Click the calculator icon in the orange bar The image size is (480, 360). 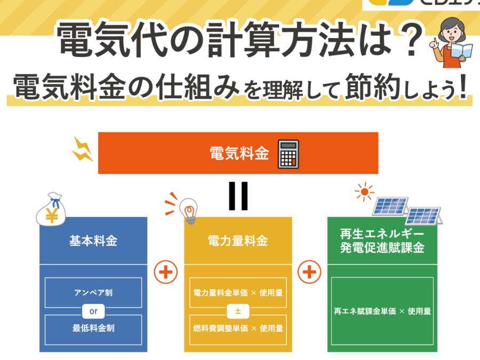tap(289, 154)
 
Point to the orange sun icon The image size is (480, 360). tap(365, 192)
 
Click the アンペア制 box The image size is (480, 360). tap(93, 292)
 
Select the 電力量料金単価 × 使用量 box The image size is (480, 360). tap(238, 292)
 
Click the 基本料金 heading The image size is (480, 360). tap(93, 241)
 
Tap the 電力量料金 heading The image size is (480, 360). tap(238, 241)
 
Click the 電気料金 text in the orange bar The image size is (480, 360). tap(238, 154)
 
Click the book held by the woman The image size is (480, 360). tap(459, 52)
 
